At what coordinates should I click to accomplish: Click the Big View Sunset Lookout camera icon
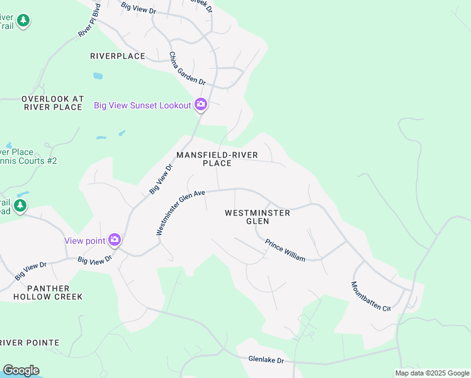click(201, 105)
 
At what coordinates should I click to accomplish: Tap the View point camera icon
click(114, 239)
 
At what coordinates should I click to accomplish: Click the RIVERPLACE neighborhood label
click(118, 56)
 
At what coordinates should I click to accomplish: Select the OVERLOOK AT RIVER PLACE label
click(52, 103)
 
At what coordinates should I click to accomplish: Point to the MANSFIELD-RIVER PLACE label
click(217, 159)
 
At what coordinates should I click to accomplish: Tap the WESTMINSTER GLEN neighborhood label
click(258, 217)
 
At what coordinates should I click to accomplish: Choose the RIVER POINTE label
click(30, 343)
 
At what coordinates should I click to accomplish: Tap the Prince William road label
click(285, 250)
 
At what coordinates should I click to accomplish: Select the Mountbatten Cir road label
click(371, 295)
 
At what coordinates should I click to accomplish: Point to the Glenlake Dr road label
click(266, 360)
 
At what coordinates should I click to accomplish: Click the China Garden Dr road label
click(187, 68)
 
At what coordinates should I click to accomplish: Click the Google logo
click(21, 370)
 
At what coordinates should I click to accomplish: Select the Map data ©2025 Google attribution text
click(432, 373)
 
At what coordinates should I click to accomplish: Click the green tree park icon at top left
click(23, 21)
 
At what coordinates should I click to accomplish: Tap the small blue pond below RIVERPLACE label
click(98, 76)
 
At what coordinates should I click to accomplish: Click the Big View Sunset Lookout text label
click(142, 105)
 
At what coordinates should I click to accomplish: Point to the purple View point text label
click(85, 240)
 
